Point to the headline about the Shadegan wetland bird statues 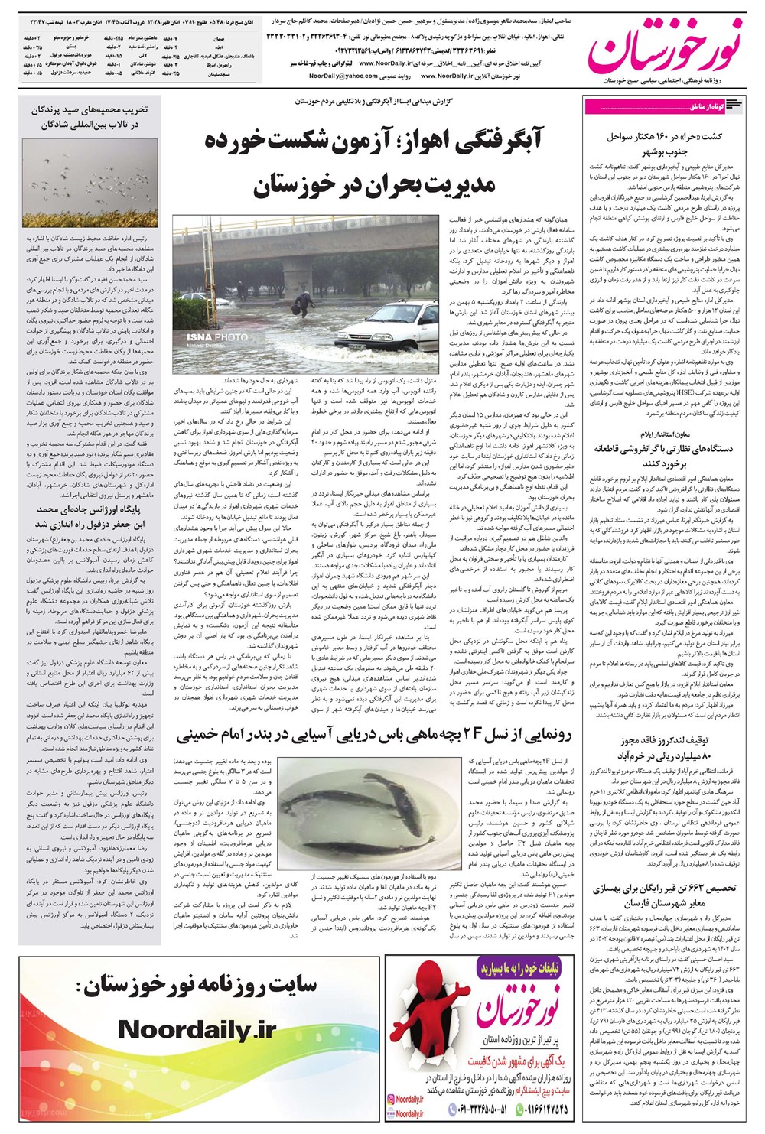point(86,116)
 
